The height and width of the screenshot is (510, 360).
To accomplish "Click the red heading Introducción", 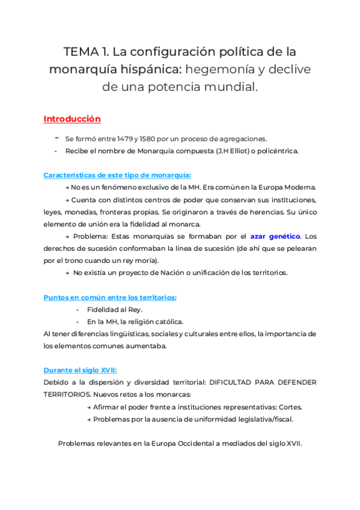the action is point(72,119).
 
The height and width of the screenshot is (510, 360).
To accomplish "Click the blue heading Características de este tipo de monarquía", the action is point(118,176).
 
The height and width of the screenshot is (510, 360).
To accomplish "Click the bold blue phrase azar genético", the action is point(276,236).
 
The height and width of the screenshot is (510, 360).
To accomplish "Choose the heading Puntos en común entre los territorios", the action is point(110,297).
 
